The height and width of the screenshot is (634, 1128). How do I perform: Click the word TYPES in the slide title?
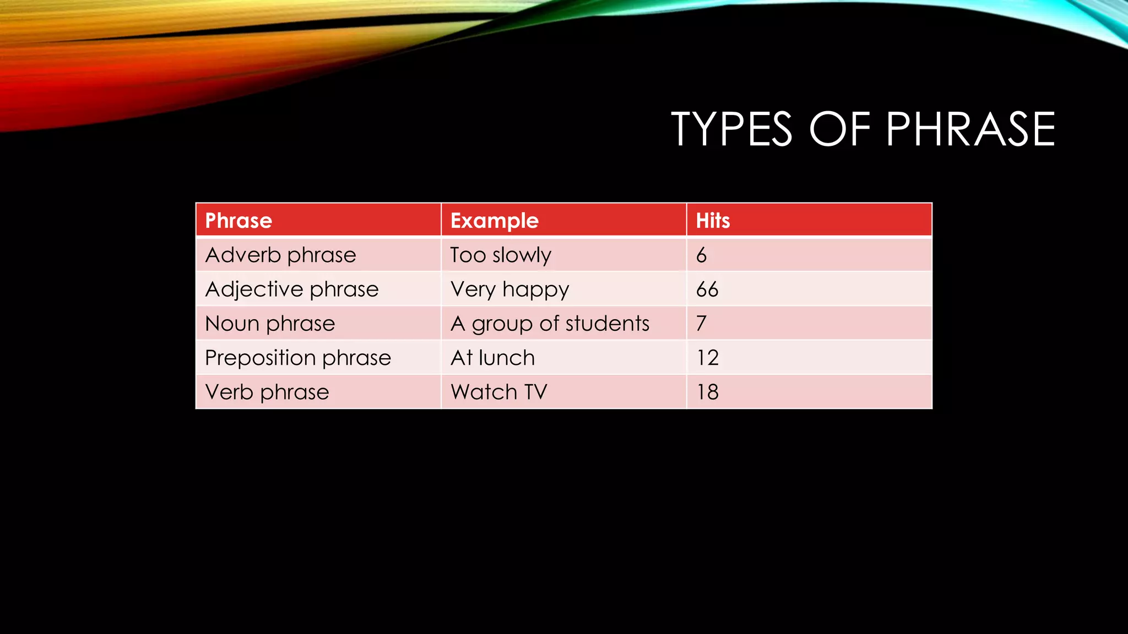tap(732, 129)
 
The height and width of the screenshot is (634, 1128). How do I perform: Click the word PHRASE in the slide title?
tap(970, 129)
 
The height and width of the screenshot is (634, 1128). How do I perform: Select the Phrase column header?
tap(238, 221)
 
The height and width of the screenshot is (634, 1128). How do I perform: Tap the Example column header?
tap(494, 221)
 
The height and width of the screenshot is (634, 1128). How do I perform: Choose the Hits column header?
tap(713, 221)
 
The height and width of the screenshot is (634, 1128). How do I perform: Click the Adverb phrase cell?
tap(280, 255)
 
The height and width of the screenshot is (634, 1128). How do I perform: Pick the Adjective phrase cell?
tap(291, 289)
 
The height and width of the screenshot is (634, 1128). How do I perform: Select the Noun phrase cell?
tap(270, 324)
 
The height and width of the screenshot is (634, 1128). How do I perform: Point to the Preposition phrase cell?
tap(297, 358)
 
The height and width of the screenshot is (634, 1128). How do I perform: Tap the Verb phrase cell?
tap(267, 392)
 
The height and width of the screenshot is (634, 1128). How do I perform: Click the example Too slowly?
tap(500, 255)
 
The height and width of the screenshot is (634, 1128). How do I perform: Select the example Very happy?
tap(509, 289)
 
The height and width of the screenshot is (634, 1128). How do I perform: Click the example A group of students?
tap(550, 324)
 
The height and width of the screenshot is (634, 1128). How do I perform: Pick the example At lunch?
tap(492, 358)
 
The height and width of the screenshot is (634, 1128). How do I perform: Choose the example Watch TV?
tap(498, 392)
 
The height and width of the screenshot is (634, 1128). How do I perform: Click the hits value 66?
tap(707, 289)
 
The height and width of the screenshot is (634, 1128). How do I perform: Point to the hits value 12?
tap(707, 358)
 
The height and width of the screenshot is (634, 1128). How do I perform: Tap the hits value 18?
tap(707, 392)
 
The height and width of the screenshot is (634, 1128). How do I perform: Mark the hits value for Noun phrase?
tap(701, 324)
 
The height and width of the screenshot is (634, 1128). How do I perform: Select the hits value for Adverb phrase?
tap(701, 255)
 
